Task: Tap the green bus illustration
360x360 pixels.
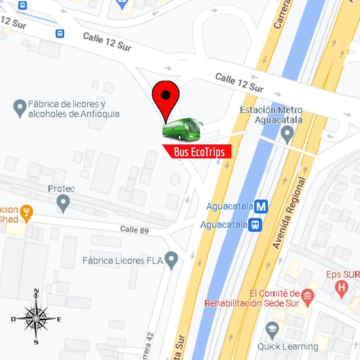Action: tap(182, 129)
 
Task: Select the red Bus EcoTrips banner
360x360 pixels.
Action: tap(198, 152)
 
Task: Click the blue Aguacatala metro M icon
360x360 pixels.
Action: tap(261, 207)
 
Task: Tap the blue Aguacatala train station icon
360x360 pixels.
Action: tap(256, 224)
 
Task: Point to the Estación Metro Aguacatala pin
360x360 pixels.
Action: tap(287, 134)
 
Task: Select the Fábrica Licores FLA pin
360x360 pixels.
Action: tap(171, 260)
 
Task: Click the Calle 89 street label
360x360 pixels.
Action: tap(134, 229)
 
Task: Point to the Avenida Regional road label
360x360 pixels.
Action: tap(289, 213)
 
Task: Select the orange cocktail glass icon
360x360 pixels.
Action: tap(27, 213)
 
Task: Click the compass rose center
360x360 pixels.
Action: tap(36, 319)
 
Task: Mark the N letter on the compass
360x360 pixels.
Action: tap(36, 291)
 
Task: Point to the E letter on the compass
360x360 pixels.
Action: tap(59, 319)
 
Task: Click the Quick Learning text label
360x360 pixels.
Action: tap(288, 346)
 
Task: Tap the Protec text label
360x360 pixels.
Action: tap(61, 188)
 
